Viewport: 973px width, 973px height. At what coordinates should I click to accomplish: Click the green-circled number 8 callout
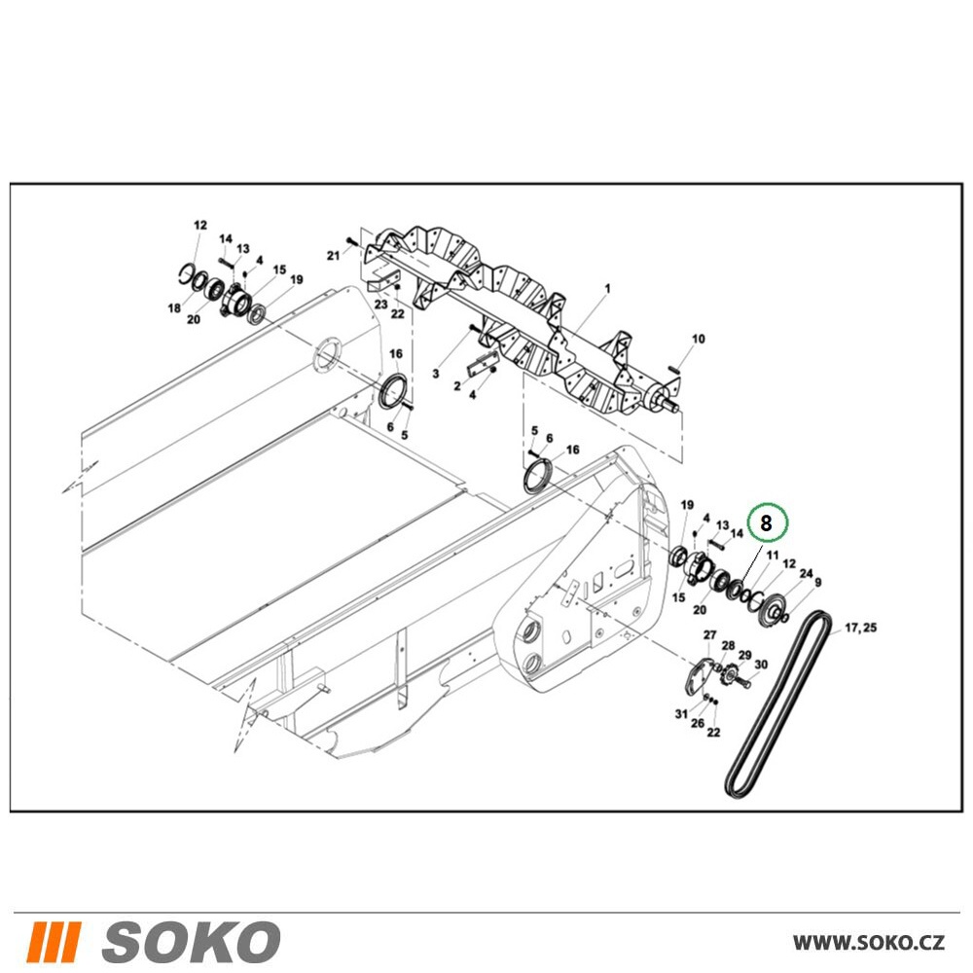767,523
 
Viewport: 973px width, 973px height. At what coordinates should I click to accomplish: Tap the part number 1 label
607,289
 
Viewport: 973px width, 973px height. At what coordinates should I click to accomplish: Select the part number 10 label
698,339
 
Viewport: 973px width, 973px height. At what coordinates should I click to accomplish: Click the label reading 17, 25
861,628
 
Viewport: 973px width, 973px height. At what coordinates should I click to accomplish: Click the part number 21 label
334,256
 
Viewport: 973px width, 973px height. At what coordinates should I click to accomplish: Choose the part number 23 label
380,304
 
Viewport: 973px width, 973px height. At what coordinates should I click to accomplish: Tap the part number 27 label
710,634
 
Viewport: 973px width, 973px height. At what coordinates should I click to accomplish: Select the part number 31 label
681,714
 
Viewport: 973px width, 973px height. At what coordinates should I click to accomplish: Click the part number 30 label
761,665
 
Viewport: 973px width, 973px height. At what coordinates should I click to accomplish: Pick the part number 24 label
806,574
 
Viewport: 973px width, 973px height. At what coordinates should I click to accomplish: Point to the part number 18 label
174,307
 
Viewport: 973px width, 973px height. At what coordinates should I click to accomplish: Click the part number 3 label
436,374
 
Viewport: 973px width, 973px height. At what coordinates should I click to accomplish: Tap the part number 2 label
457,386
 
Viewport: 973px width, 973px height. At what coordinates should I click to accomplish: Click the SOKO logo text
191,941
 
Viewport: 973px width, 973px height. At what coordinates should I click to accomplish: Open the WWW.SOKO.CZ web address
869,942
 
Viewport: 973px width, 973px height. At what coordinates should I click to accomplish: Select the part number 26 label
698,723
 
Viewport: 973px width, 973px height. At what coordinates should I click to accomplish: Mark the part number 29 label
744,655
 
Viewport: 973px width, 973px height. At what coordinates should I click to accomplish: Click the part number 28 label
728,647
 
